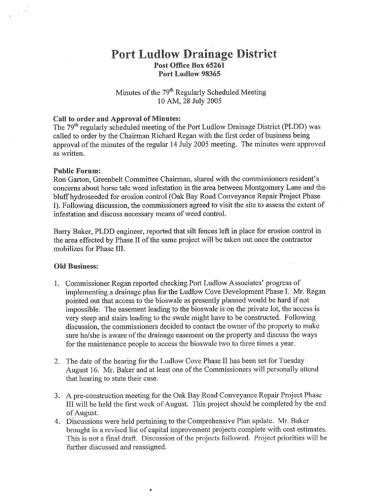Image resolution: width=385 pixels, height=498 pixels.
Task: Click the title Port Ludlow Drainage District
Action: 194,54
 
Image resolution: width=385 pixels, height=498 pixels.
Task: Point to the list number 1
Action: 56,283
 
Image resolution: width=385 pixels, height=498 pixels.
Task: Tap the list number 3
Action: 56,395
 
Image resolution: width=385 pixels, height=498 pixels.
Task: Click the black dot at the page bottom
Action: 150,490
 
